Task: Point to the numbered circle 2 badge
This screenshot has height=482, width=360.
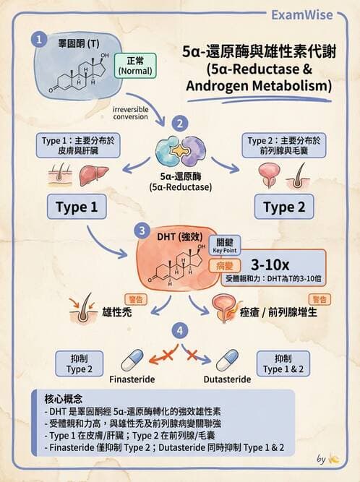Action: pos(180,123)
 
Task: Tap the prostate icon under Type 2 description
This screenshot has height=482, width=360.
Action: pos(269,174)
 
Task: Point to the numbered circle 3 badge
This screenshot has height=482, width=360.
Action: pos(141,232)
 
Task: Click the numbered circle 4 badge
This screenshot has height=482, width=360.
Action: pos(179,332)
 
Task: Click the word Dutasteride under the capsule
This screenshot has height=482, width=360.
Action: pos(228,379)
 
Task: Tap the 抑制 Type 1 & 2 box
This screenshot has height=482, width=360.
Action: pos(283,363)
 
